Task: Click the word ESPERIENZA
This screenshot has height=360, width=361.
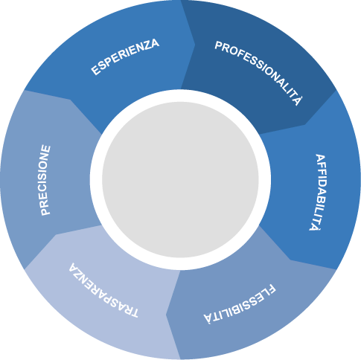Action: [x=125, y=57]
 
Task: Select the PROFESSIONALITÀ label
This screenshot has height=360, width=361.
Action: [x=259, y=72]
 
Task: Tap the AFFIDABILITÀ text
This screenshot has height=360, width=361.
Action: [x=318, y=193]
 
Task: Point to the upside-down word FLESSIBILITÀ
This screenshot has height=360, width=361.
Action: [x=240, y=304]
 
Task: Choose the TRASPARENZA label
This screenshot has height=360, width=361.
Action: [x=103, y=290]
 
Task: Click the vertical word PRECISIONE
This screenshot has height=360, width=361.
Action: [x=45, y=180]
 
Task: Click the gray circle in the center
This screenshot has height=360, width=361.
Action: [x=180, y=180]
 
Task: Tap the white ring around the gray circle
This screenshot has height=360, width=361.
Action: [x=180, y=96]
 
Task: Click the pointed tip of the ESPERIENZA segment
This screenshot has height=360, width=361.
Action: [x=195, y=45]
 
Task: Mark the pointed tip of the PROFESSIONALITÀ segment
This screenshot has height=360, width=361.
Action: [x=305, y=124]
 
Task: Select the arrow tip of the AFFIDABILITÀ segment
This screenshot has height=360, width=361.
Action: [x=290, y=260]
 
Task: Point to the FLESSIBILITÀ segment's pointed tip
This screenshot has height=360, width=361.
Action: [x=166, y=315]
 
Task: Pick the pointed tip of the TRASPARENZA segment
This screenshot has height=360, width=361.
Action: [x=56, y=234]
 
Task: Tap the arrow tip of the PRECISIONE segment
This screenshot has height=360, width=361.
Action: [x=71, y=100]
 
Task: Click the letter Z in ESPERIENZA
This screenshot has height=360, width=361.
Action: [x=146, y=47]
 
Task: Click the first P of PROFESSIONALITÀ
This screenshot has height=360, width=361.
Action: [x=218, y=46]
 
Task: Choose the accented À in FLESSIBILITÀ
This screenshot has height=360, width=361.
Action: [x=208, y=318]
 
